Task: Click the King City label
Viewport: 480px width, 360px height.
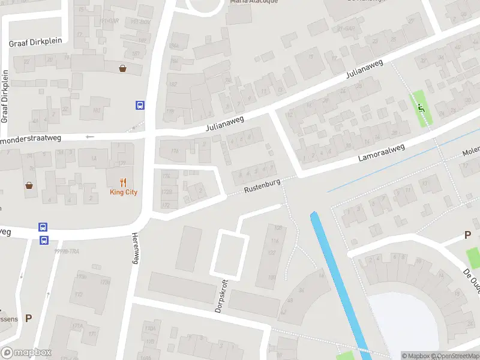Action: pos(124,192)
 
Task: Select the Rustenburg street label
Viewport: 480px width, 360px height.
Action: pos(262,186)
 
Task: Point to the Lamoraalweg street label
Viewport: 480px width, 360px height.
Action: pos(382,152)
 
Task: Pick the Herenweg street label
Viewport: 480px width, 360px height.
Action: pos(135,248)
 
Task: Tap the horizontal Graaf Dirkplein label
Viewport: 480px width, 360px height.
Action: pos(32,43)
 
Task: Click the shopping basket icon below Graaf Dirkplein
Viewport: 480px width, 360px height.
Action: pos(123,68)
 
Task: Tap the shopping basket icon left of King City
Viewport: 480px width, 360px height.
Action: pos(29,185)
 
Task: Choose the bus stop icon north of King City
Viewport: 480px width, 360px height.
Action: pos(140,106)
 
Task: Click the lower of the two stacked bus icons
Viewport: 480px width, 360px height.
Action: pos(44,240)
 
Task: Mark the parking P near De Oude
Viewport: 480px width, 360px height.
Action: pos(467,235)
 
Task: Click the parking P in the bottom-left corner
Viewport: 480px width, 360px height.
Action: pos(28,319)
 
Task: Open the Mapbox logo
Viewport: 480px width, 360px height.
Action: pos(26,353)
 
